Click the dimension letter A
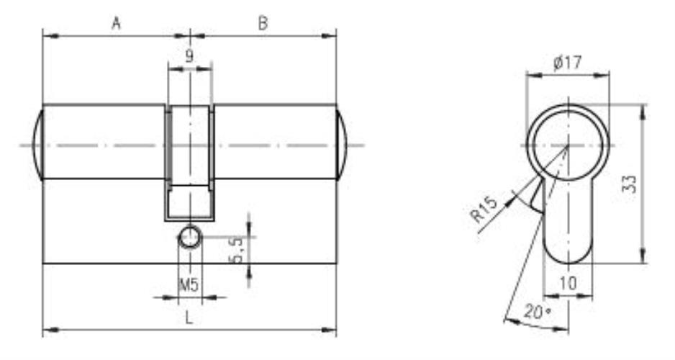116,23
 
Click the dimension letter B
263,23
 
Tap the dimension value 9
189,56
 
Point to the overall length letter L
189,318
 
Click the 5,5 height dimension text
237,249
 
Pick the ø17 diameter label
567,63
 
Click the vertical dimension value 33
630,184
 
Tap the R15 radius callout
485,209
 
